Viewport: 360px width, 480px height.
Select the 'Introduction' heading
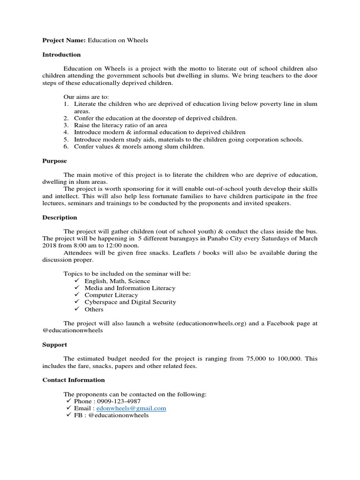(x=61, y=55)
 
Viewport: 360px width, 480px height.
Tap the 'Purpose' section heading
(x=54, y=161)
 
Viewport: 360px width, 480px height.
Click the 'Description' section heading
(x=60, y=217)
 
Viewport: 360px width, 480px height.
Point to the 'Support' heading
(x=54, y=345)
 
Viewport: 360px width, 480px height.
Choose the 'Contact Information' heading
(x=74, y=380)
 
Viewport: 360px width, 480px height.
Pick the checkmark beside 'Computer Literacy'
(x=77, y=295)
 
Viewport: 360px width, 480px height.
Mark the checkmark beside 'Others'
(x=77, y=309)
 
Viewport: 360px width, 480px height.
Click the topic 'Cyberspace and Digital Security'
(x=130, y=302)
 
